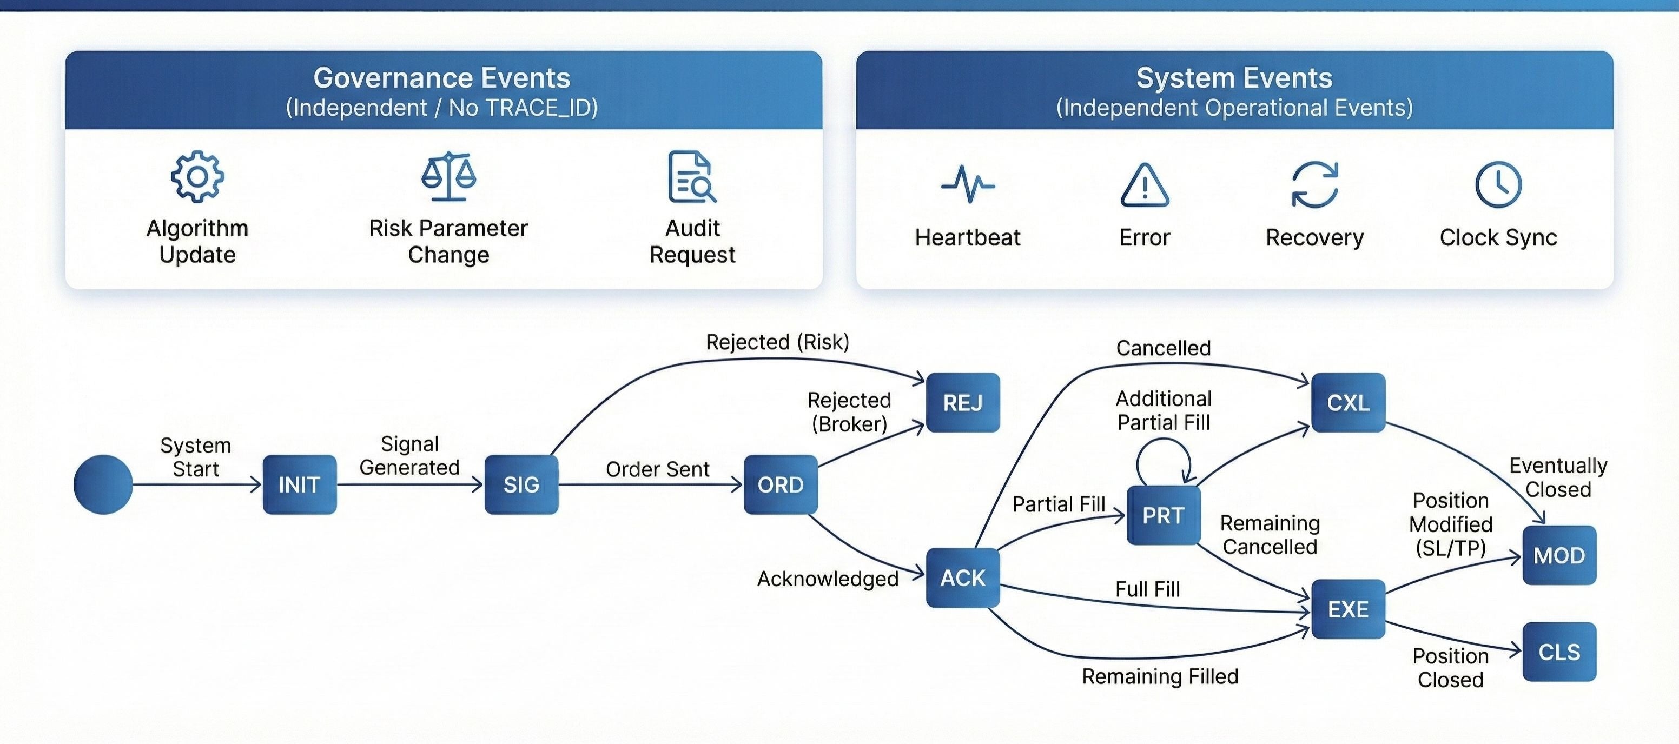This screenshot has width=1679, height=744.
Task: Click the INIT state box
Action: point(299,484)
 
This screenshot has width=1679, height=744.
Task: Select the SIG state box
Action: point(521,484)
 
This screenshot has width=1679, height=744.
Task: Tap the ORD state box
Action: point(780,484)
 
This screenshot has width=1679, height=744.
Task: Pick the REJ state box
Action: point(963,403)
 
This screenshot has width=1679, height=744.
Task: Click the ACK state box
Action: point(963,578)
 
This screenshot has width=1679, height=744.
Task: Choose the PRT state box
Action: point(1164,515)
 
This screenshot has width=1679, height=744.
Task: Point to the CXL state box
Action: point(1348,403)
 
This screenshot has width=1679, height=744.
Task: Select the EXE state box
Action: point(1348,609)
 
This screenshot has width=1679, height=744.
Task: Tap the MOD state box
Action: point(1559,555)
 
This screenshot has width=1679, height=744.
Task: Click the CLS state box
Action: point(1559,652)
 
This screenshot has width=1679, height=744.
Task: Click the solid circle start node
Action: point(103,484)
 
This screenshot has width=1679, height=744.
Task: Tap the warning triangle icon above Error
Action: point(1145,185)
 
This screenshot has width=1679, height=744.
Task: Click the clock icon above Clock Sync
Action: point(1498,185)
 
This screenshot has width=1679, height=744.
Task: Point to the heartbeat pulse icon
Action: point(968,185)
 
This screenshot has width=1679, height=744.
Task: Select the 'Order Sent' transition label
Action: point(657,469)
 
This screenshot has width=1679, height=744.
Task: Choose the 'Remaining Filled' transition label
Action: point(1160,677)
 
